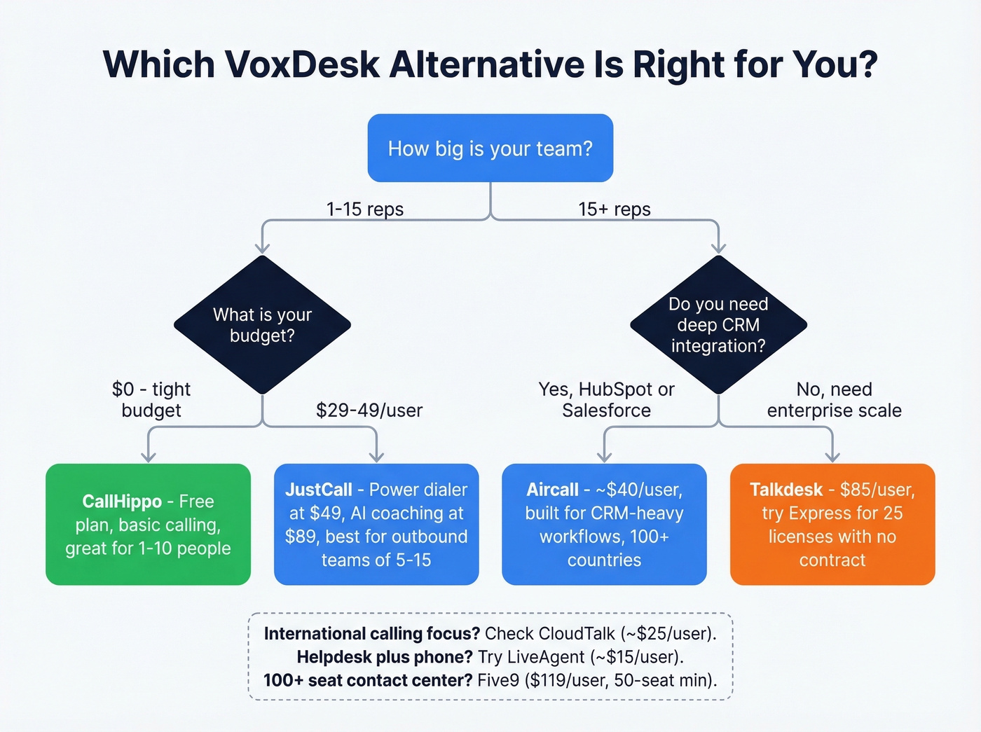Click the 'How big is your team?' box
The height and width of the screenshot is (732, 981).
[490, 149]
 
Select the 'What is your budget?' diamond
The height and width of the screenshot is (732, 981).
[262, 325]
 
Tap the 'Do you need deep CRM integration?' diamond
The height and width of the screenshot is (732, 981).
[718, 325]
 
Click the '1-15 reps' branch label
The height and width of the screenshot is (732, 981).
[365, 209]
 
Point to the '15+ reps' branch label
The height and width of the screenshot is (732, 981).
[615, 209]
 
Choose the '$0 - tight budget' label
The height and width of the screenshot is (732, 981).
[151, 400]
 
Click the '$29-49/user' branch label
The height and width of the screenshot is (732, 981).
[369, 410]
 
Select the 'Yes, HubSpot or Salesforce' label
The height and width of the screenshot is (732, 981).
[606, 400]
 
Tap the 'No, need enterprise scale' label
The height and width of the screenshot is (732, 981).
[834, 400]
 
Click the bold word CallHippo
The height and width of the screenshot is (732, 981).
[122, 502]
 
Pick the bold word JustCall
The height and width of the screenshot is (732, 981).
[319, 490]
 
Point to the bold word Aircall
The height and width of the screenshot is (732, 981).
[553, 490]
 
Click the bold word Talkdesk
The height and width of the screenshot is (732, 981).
[786, 490]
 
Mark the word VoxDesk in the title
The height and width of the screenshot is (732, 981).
[303, 64]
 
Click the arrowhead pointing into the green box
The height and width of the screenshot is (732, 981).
[148, 457]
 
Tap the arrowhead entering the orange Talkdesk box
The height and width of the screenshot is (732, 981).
[832, 457]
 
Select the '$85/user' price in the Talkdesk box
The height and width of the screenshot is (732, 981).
[877, 490]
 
